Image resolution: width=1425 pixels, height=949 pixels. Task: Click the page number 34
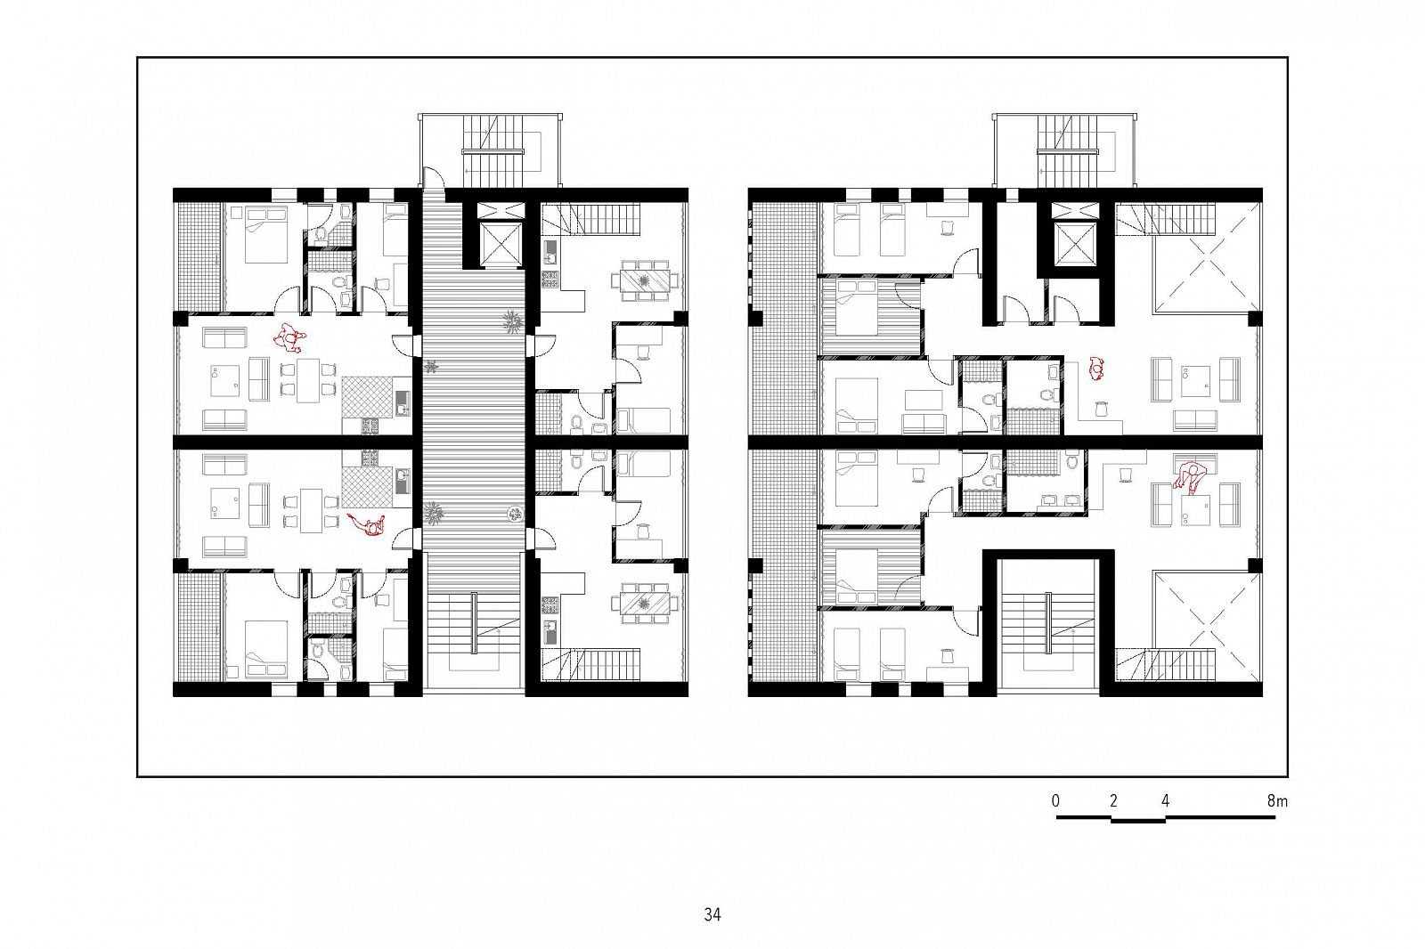click(x=712, y=914)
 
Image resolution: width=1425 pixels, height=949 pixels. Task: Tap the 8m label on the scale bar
click(x=1277, y=801)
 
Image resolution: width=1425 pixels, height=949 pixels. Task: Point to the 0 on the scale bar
click(x=1056, y=801)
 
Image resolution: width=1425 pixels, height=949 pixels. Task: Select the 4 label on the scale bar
click(x=1165, y=801)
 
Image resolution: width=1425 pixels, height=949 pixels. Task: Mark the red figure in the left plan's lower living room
click(x=369, y=525)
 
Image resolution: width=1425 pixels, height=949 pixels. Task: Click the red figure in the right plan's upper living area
click(x=1096, y=369)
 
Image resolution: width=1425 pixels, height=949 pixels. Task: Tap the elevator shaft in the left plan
click(x=500, y=244)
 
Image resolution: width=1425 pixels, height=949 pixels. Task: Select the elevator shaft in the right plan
click(x=1074, y=243)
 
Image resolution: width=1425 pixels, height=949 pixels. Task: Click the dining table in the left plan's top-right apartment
click(x=645, y=280)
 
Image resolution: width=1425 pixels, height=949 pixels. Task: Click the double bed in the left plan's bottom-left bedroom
click(x=266, y=649)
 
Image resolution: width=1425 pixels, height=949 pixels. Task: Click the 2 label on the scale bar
click(x=1113, y=801)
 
